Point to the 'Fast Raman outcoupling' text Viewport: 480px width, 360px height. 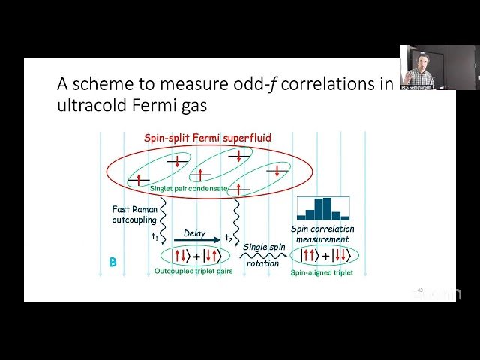click(135, 214)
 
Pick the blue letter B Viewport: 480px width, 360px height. click(112, 262)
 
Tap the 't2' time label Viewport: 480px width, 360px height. click(229, 238)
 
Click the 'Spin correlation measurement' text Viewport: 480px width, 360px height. click(322, 234)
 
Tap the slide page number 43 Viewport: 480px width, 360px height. click(420, 290)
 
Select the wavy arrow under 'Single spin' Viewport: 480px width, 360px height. click(265, 257)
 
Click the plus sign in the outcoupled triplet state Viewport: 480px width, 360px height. click(196, 256)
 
